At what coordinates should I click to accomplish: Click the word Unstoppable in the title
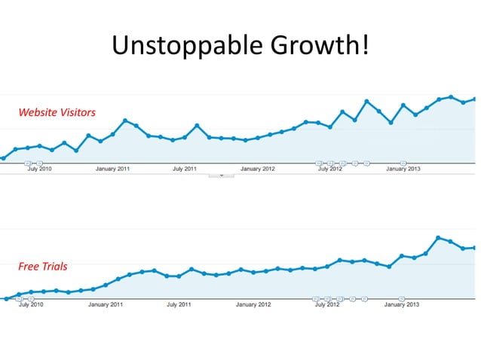pos(187,45)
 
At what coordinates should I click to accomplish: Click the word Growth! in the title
pos(320,44)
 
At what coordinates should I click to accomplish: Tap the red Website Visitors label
pos(57,112)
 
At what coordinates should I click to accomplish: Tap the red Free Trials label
pos(43,267)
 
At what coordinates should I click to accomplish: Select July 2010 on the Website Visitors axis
pos(39,169)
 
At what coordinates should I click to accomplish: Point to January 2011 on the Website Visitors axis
pos(112,169)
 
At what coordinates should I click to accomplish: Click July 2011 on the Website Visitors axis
pos(185,169)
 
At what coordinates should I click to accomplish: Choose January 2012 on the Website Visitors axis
pos(258,169)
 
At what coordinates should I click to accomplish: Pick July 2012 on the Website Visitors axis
pos(330,169)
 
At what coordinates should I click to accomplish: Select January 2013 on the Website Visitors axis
pos(403,169)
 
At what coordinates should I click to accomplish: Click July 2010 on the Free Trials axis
pos(31,304)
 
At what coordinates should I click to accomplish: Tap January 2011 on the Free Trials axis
pos(106,304)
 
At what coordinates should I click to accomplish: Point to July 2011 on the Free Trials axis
pos(179,304)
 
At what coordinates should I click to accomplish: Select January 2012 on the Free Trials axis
pos(253,304)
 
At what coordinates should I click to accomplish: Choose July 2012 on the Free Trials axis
pos(327,304)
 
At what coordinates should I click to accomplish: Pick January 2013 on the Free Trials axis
pos(402,304)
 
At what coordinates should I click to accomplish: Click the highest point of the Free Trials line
pos(438,238)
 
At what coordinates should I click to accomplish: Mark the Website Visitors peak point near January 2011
pos(125,121)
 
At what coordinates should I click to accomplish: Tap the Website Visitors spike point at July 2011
pos(197,126)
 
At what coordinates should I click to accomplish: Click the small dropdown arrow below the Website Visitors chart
pos(222,176)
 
